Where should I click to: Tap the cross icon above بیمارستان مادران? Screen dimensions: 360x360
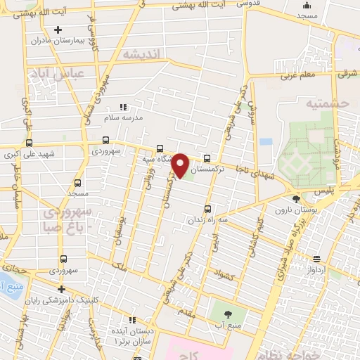coord(58,30)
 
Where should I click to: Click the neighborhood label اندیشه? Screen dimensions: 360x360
coord(141,54)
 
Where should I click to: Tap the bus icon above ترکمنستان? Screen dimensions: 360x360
coord(207,158)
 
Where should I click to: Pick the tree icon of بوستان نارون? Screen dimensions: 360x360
coord(296,199)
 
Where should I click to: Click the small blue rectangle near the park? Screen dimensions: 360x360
coord(265,141)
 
